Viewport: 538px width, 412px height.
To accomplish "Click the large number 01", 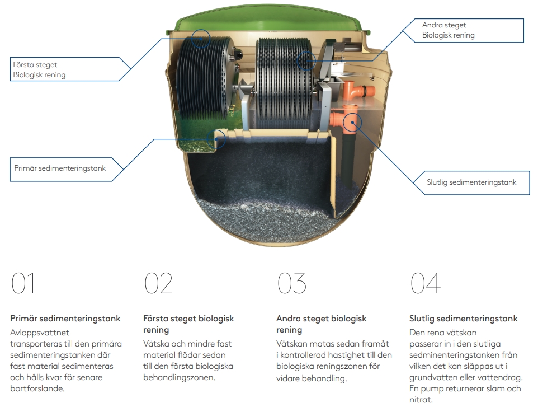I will [x=23, y=283].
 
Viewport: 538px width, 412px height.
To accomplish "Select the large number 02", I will [x=158, y=283].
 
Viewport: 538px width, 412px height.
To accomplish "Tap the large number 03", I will [x=292, y=283].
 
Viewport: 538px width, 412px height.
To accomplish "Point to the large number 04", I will [x=425, y=283].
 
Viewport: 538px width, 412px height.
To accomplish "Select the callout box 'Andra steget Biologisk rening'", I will [x=471, y=30].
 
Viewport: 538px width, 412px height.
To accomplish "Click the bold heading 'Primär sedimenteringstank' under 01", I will [x=65, y=319].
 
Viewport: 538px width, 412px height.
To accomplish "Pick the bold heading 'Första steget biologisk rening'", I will [x=188, y=324].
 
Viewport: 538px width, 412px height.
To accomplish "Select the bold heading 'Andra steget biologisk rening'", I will [x=322, y=324].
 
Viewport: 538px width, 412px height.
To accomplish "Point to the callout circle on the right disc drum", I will [x=306, y=60].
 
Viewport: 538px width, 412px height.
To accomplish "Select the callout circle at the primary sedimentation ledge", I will [x=216, y=139].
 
